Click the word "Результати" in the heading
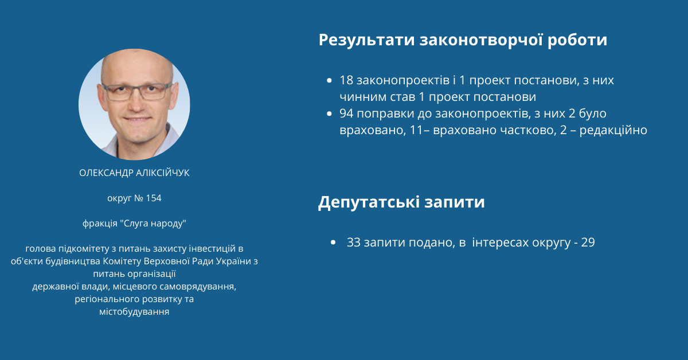point(367,41)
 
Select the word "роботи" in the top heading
point(577,41)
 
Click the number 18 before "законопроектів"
point(346,80)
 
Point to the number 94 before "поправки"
point(346,114)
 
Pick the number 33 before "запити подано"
point(354,242)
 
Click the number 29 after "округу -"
point(588,242)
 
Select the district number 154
point(154,198)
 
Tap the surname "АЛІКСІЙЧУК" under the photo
point(163,173)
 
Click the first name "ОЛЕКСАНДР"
point(106,173)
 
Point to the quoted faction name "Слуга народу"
point(155,224)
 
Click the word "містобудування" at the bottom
point(134,312)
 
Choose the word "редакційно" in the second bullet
point(613,130)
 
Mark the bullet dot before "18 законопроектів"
point(330,80)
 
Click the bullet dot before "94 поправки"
point(330,114)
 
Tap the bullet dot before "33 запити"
point(333,242)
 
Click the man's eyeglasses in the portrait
point(137,91)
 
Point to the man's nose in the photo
point(137,101)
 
